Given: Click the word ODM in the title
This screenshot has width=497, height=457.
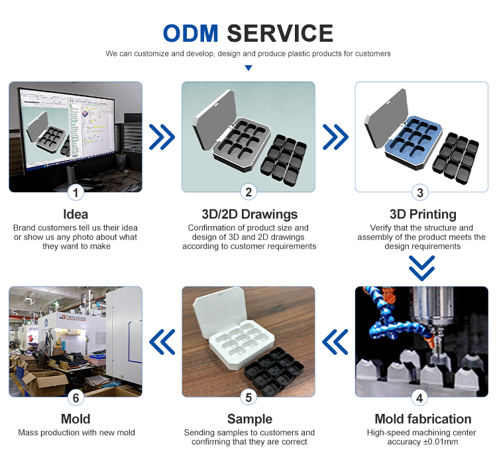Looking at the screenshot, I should pos(192,33).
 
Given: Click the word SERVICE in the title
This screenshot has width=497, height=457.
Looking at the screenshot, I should pos(280,33).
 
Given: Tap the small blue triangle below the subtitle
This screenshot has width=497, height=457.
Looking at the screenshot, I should pos(248,68).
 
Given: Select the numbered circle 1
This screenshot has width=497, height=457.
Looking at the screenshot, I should pos(76,192).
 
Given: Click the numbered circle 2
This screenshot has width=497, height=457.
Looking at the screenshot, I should pos(248,192).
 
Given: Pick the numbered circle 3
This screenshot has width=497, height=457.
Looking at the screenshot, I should pos(421,192).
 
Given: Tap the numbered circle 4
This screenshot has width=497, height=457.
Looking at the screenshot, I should pos(421,397).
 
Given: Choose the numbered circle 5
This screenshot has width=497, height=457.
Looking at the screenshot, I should pos(248,397).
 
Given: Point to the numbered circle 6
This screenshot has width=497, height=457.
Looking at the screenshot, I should pos(76,397).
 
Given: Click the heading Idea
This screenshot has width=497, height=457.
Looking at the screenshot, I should pos(76,214).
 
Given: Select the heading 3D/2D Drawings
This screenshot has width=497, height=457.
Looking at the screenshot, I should pos(249,214).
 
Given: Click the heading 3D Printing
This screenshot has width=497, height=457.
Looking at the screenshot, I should pos(421,214).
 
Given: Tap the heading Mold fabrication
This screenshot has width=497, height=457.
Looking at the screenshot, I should pos(423,419).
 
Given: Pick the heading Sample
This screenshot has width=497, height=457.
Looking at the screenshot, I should pos(249,419).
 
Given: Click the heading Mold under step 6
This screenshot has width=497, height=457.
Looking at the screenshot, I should pos(76,419).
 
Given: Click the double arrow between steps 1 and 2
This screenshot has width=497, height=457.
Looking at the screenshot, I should pos(162,137).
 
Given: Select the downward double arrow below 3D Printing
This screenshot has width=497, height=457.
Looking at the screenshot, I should pos(421,269).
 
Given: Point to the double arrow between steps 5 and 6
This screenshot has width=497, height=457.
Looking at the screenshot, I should pos(162,342).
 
